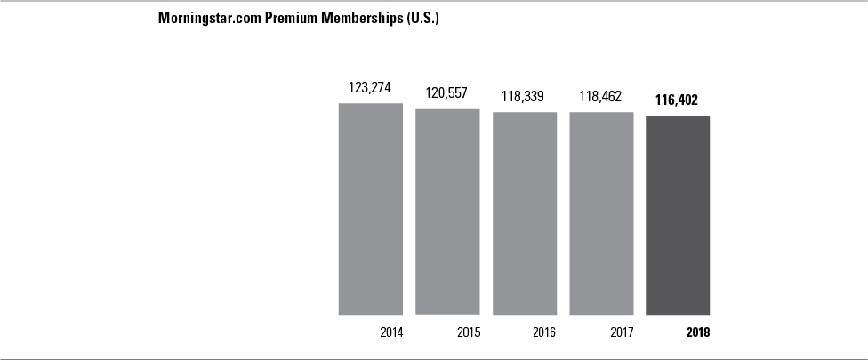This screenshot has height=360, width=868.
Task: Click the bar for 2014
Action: coord(370,209)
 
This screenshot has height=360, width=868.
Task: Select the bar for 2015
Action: coord(447,212)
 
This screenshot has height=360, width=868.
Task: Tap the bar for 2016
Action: coord(525,212)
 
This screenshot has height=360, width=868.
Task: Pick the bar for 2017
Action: coord(601,212)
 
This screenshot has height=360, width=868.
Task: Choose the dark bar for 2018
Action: coord(678,214)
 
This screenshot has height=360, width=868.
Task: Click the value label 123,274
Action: coord(370,88)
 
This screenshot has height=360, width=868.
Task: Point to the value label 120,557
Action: coord(447,93)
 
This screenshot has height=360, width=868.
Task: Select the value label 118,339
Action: coord(524,96)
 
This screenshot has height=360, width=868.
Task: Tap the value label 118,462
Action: coord(600,96)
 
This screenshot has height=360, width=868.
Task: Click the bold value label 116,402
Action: coord(678,100)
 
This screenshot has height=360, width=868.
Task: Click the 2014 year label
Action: coord(390,332)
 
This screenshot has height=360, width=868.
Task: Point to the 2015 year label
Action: coord(468,332)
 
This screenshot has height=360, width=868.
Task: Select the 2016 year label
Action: coord(544,332)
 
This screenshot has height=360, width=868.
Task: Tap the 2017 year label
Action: coord(622,332)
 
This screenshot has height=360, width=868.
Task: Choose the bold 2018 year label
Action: coord(699,332)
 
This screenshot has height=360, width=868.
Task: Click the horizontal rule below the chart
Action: coord(434,358)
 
